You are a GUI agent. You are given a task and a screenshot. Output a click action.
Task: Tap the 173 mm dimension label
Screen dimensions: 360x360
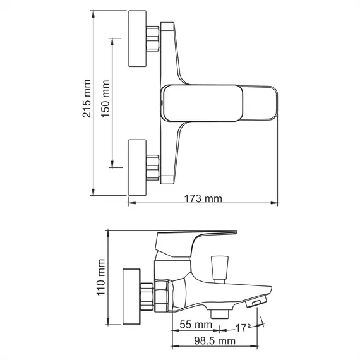203,199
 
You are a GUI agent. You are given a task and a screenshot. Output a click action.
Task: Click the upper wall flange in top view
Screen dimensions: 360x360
138,39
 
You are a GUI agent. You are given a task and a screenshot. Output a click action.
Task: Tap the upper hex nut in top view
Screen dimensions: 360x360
152,39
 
